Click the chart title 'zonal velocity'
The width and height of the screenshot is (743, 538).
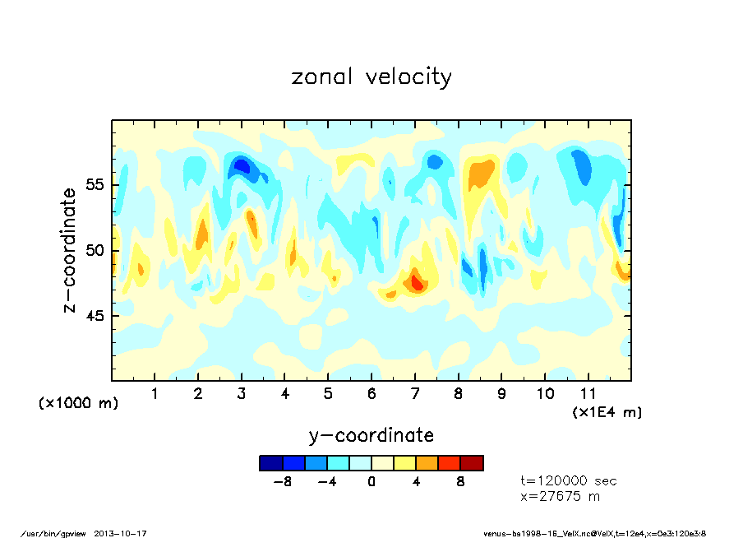click(x=371, y=77)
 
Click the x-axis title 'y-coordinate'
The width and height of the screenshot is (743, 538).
click(x=371, y=435)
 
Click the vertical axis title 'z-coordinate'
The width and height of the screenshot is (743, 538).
click(x=70, y=250)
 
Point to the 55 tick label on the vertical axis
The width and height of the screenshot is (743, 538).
click(x=95, y=184)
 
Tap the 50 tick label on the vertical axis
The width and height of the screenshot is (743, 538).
click(x=95, y=250)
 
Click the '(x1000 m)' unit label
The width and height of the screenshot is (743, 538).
click(x=78, y=403)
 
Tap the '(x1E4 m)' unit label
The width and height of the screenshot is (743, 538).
click(x=607, y=411)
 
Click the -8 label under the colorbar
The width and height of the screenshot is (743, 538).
click(x=282, y=482)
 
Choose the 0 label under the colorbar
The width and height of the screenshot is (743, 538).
click(x=371, y=482)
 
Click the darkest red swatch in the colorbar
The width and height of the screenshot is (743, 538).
click(x=472, y=463)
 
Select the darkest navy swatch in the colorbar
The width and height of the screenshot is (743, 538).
click(x=270, y=463)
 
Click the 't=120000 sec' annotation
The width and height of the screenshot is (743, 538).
click(x=569, y=481)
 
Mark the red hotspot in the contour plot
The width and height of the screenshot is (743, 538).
click(x=418, y=284)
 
